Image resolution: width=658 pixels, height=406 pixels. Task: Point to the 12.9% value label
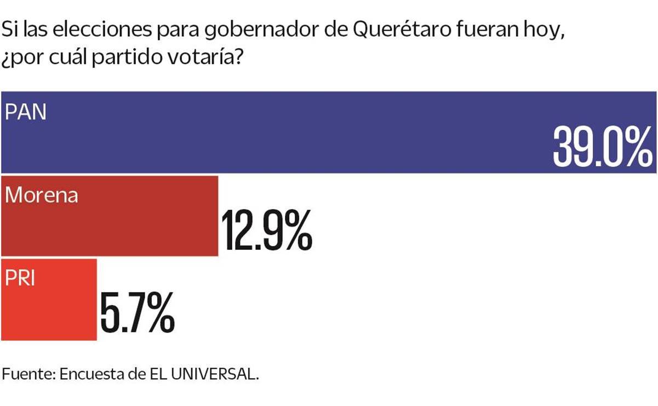(x=266, y=230)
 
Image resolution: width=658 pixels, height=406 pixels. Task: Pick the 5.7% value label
(x=137, y=313)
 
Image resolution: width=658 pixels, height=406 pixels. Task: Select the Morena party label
(x=42, y=195)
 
